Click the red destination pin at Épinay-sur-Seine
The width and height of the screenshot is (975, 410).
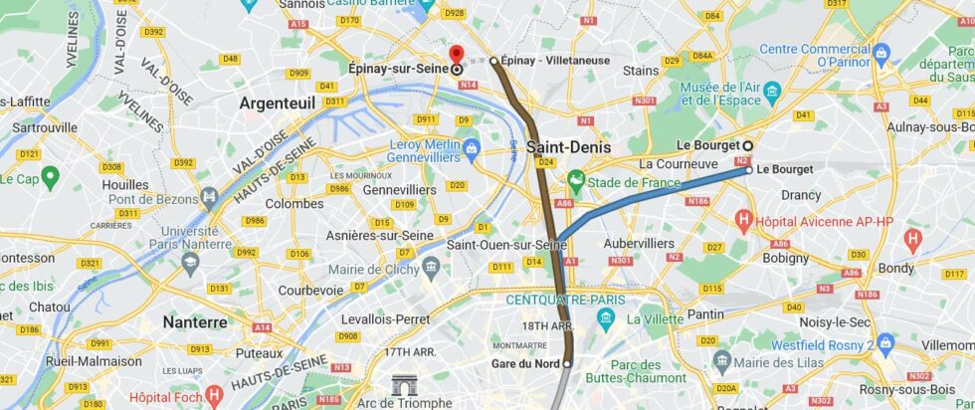[x=456, y=55]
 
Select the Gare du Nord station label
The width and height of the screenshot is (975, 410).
[x=524, y=363]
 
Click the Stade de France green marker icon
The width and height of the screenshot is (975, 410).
[x=574, y=182]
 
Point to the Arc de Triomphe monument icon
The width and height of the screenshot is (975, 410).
[x=404, y=385]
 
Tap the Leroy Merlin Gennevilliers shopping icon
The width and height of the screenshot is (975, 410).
[x=472, y=149]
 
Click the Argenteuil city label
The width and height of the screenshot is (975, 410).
[x=278, y=102]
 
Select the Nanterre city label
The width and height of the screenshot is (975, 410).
[x=195, y=322]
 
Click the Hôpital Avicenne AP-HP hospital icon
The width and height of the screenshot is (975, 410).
[x=742, y=218]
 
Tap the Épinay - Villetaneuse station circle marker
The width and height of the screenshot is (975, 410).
[x=493, y=61]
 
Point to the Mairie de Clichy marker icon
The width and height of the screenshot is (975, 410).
[x=431, y=267]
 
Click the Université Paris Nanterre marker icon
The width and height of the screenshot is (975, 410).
[x=190, y=262]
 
